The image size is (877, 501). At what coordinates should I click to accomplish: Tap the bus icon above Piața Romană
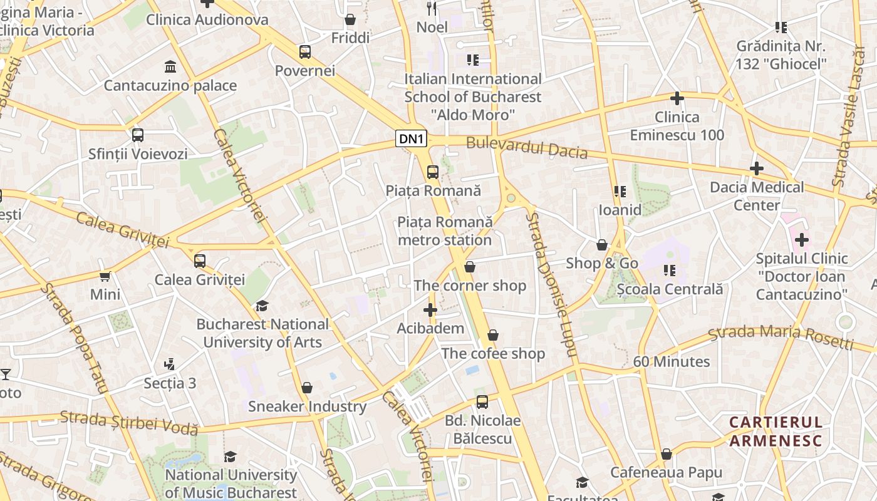[432, 172]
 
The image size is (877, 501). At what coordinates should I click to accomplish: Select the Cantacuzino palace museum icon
[170, 66]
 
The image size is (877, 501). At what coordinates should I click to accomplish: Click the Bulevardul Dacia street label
[527, 148]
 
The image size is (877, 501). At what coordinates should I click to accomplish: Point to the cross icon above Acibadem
[430, 310]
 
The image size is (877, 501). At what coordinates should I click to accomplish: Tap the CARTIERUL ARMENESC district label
[776, 431]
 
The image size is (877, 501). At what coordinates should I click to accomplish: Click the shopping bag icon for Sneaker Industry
[306, 388]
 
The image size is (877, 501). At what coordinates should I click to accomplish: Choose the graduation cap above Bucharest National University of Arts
[262, 306]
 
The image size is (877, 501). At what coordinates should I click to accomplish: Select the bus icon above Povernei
[305, 51]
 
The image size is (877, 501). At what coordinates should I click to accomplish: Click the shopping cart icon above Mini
[105, 276]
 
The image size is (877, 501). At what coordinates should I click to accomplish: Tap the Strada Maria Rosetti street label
[781, 337]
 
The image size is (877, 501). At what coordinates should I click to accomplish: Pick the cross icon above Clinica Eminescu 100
[677, 98]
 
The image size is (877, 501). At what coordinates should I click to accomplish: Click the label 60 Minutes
[671, 361]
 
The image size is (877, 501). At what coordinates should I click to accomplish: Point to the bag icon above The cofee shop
[493, 335]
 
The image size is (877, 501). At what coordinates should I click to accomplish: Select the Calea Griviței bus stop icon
[200, 261]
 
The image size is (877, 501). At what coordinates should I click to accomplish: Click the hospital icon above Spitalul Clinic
[801, 240]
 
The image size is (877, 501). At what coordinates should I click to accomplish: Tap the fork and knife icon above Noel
[432, 8]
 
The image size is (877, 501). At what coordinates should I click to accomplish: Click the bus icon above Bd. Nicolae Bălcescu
[482, 401]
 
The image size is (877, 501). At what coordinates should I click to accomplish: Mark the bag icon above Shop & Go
[601, 244]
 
